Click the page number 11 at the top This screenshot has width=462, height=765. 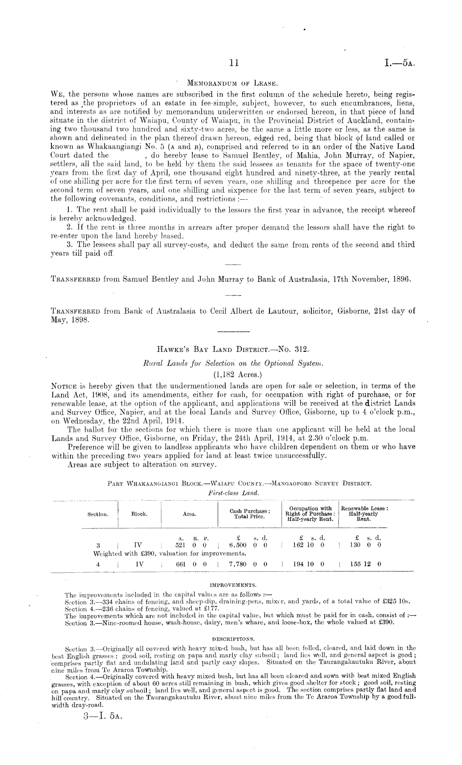234,63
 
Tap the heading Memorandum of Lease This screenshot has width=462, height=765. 231,83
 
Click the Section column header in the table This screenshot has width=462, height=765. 98,514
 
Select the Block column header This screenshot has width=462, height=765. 139,514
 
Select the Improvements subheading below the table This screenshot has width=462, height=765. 233,585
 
